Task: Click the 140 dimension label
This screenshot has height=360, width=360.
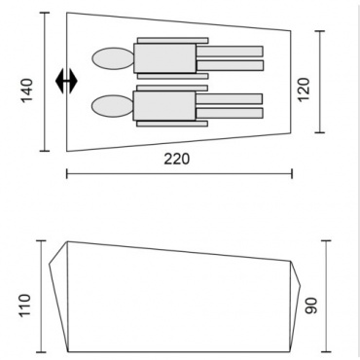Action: click(x=27, y=90)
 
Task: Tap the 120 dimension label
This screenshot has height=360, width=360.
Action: click(x=304, y=90)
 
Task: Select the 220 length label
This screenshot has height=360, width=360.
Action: click(x=177, y=160)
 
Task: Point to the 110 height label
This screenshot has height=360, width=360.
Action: click(x=25, y=306)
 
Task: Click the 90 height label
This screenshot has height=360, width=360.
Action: click(x=311, y=306)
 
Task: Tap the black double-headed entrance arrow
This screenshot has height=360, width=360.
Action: click(x=66, y=81)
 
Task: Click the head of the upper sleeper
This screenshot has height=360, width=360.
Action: click(x=113, y=58)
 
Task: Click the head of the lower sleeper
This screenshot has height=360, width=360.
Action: click(x=113, y=106)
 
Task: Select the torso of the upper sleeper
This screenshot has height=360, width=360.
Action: click(x=165, y=58)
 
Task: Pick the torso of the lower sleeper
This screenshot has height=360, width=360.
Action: click(x=164, y=106)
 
